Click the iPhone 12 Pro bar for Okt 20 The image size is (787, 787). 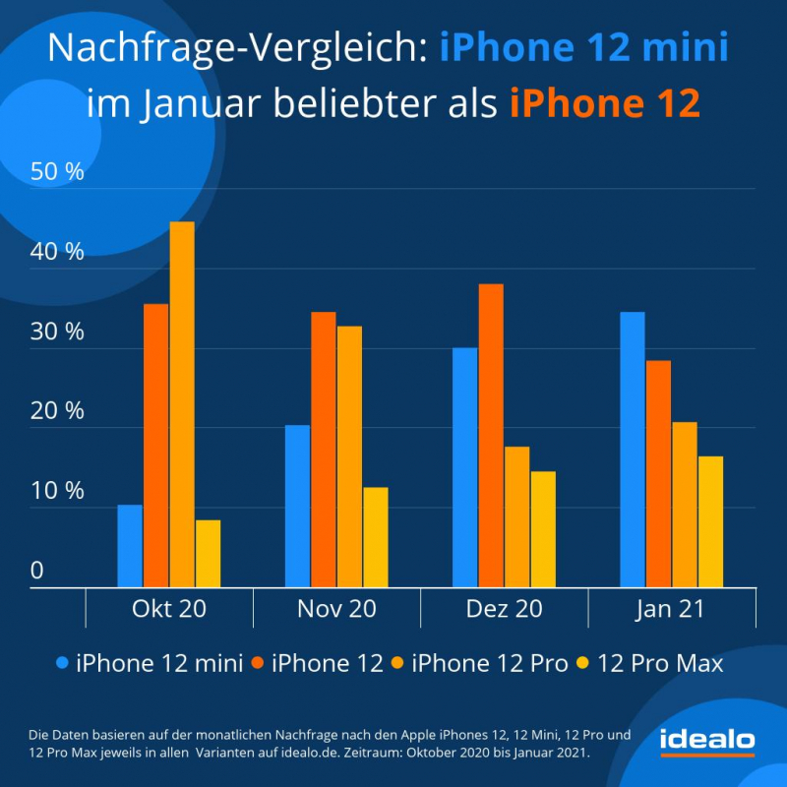182,404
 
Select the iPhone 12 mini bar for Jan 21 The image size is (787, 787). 633,450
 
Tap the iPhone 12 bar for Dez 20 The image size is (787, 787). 491,436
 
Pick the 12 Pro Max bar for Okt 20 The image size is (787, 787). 208,554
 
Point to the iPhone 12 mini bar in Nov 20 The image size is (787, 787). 297,507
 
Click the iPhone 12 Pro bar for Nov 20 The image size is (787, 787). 349,457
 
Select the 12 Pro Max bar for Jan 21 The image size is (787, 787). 710,522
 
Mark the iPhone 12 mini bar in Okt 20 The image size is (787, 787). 130,546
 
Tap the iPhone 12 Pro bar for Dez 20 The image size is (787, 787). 516,517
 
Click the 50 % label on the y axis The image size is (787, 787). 58,171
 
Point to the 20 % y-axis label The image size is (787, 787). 58,411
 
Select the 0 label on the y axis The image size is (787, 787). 37,571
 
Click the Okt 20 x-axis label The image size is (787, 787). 169,609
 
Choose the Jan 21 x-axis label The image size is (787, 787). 671,609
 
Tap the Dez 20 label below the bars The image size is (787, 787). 504,609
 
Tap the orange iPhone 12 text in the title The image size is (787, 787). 604,103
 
